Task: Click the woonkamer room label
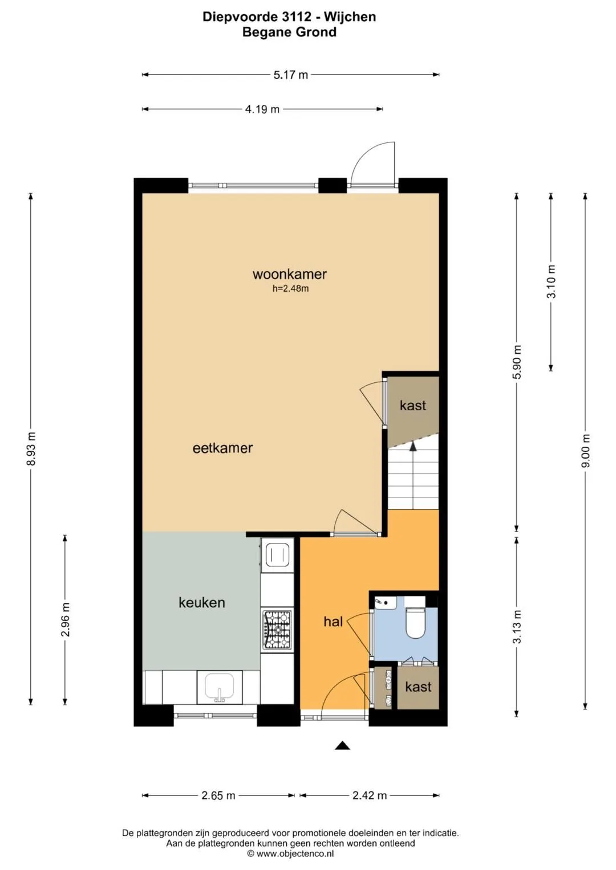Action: pos(289,274)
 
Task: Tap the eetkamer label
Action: pos(223,448)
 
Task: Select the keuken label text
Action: pos(202,602)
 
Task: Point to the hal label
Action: pos(333,622)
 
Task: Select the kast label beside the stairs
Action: pos(412,406)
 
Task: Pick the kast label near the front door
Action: pos(418,687)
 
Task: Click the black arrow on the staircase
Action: pos(413,447)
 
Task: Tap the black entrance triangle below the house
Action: pos(342,745)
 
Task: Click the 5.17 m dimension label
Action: pos(290,75)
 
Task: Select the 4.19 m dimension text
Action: pos(262,109)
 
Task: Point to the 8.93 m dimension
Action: pos(31,448)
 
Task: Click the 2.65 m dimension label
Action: pos(218,795)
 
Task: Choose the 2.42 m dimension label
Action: pos(370,795)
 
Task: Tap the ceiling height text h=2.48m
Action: pos(290,289)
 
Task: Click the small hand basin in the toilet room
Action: pos(385,603)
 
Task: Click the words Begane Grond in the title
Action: pos(289,32)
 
